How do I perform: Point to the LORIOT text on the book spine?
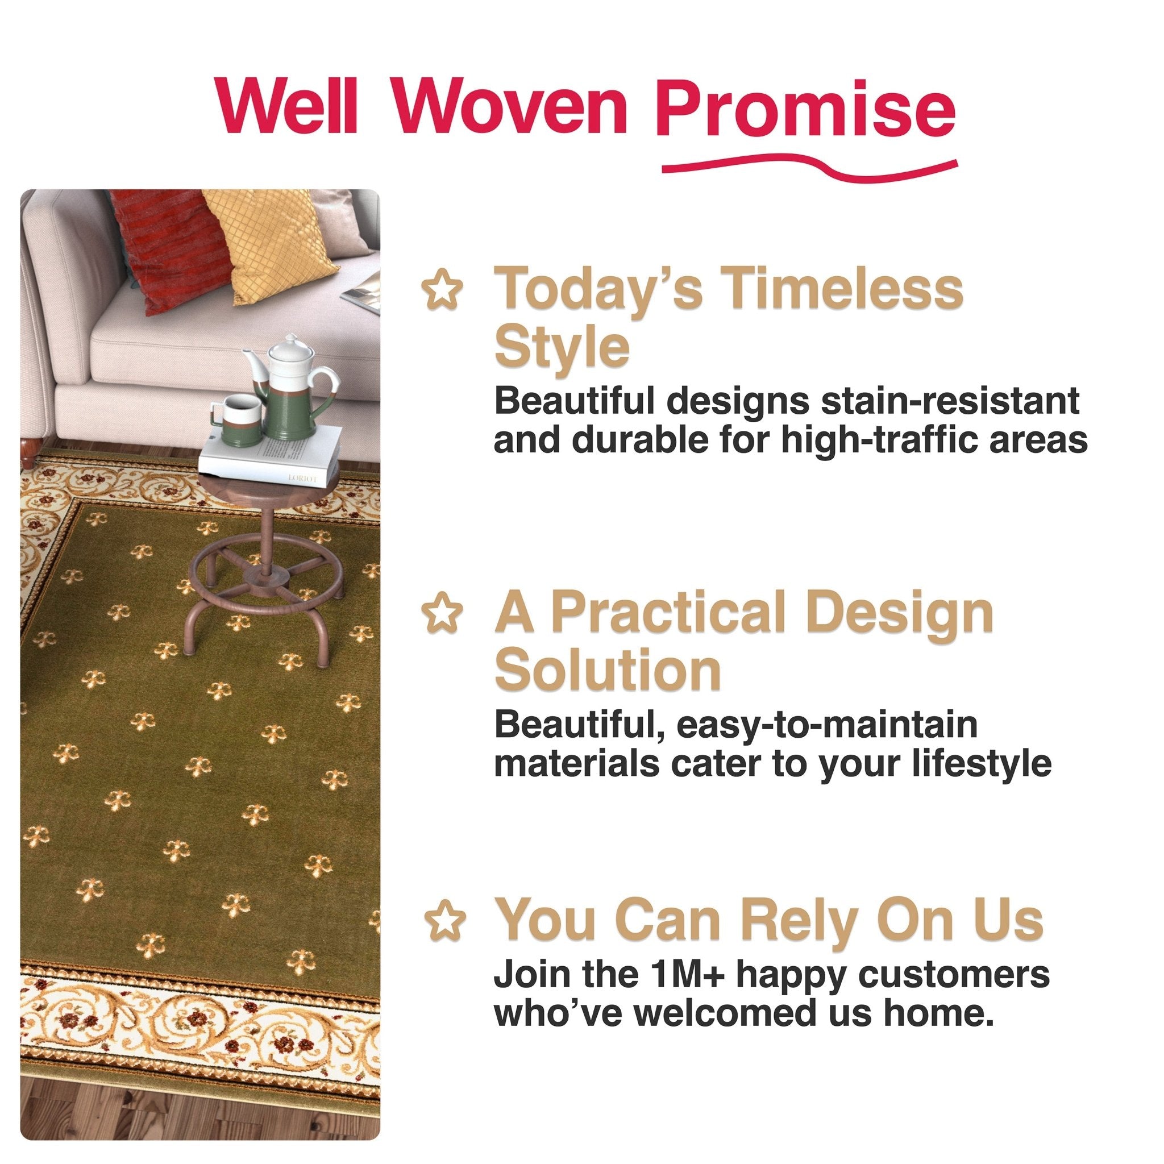[302, 478]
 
